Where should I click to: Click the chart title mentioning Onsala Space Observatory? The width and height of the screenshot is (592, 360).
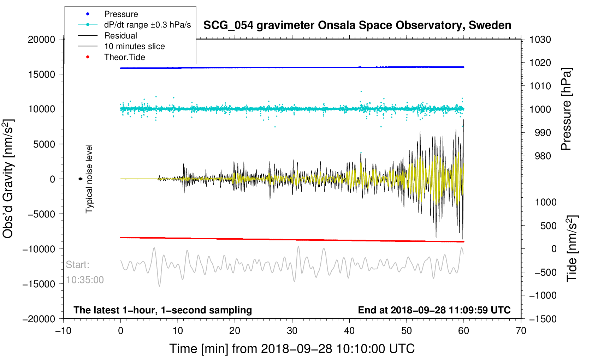click(x=357, y=25)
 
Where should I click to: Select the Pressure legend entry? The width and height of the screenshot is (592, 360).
click(x=121, y=14)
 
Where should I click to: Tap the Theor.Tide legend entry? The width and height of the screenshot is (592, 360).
click(x=124, y=57)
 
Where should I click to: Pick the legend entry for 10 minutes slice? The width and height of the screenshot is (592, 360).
click(x=134, y=46)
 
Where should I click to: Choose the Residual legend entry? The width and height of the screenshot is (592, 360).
click(x=120, y=36)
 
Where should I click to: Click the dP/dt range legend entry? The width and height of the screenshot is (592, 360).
click(x=147, y=25)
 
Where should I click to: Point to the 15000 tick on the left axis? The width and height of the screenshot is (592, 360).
click(x=42, y=74)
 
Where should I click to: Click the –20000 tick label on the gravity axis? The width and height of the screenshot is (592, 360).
click(x=39, y=319)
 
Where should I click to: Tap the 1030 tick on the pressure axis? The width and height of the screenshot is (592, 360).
click(x=540, y=40)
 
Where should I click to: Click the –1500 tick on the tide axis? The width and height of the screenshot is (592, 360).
click(x=543, y=319)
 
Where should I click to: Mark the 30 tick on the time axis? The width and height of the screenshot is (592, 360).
click(x=292, y=331)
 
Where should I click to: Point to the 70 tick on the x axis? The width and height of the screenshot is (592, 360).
click(x=521, y=331)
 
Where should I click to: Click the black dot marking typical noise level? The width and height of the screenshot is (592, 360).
click(x=81, y=179)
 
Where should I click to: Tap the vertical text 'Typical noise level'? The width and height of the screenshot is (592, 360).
click(x=89, y=179)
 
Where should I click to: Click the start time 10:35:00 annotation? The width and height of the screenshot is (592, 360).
click(x=85, y=280)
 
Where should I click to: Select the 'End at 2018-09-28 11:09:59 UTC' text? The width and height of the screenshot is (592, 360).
click(x=434, y=310)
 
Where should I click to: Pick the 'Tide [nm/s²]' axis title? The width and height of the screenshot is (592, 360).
click(x=572, y=248)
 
